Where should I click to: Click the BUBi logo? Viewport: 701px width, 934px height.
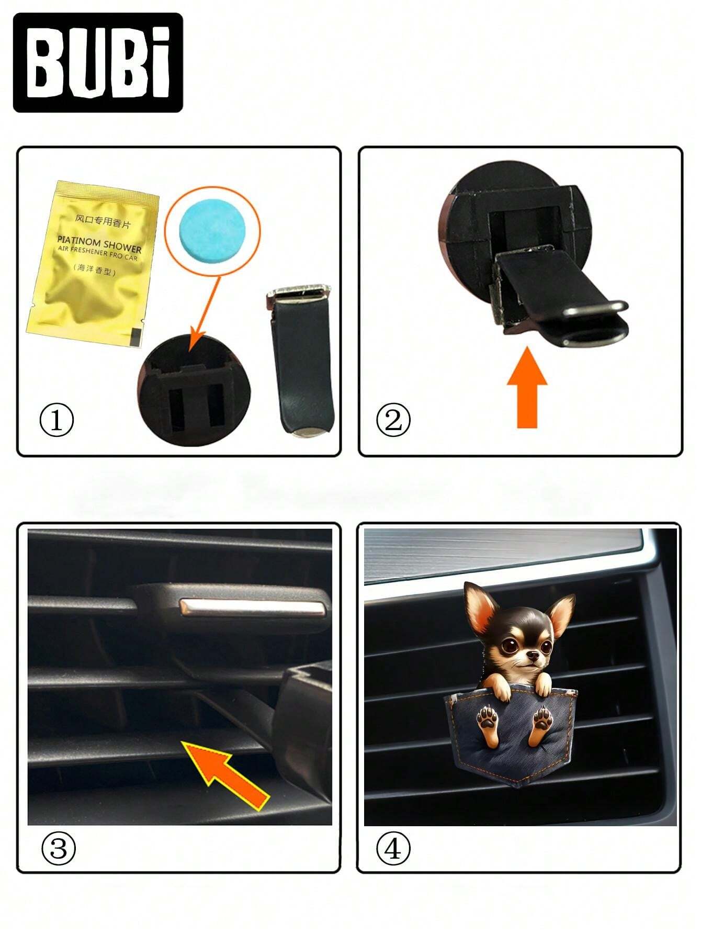(x=98, y=63)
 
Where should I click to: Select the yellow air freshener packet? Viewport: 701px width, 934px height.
(x=93, y=263)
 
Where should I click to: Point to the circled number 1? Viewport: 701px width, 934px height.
(x=56, y=420)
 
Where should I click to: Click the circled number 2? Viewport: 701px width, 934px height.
(x=393, y=420)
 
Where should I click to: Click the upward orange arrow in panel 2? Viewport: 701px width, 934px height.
(x=527, y=388)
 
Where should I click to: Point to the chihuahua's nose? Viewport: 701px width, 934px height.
(x=532, y=656)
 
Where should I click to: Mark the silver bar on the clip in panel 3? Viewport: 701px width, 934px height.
(x=253, y=607)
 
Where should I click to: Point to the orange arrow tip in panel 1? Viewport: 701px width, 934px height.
(x=191, y=349)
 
